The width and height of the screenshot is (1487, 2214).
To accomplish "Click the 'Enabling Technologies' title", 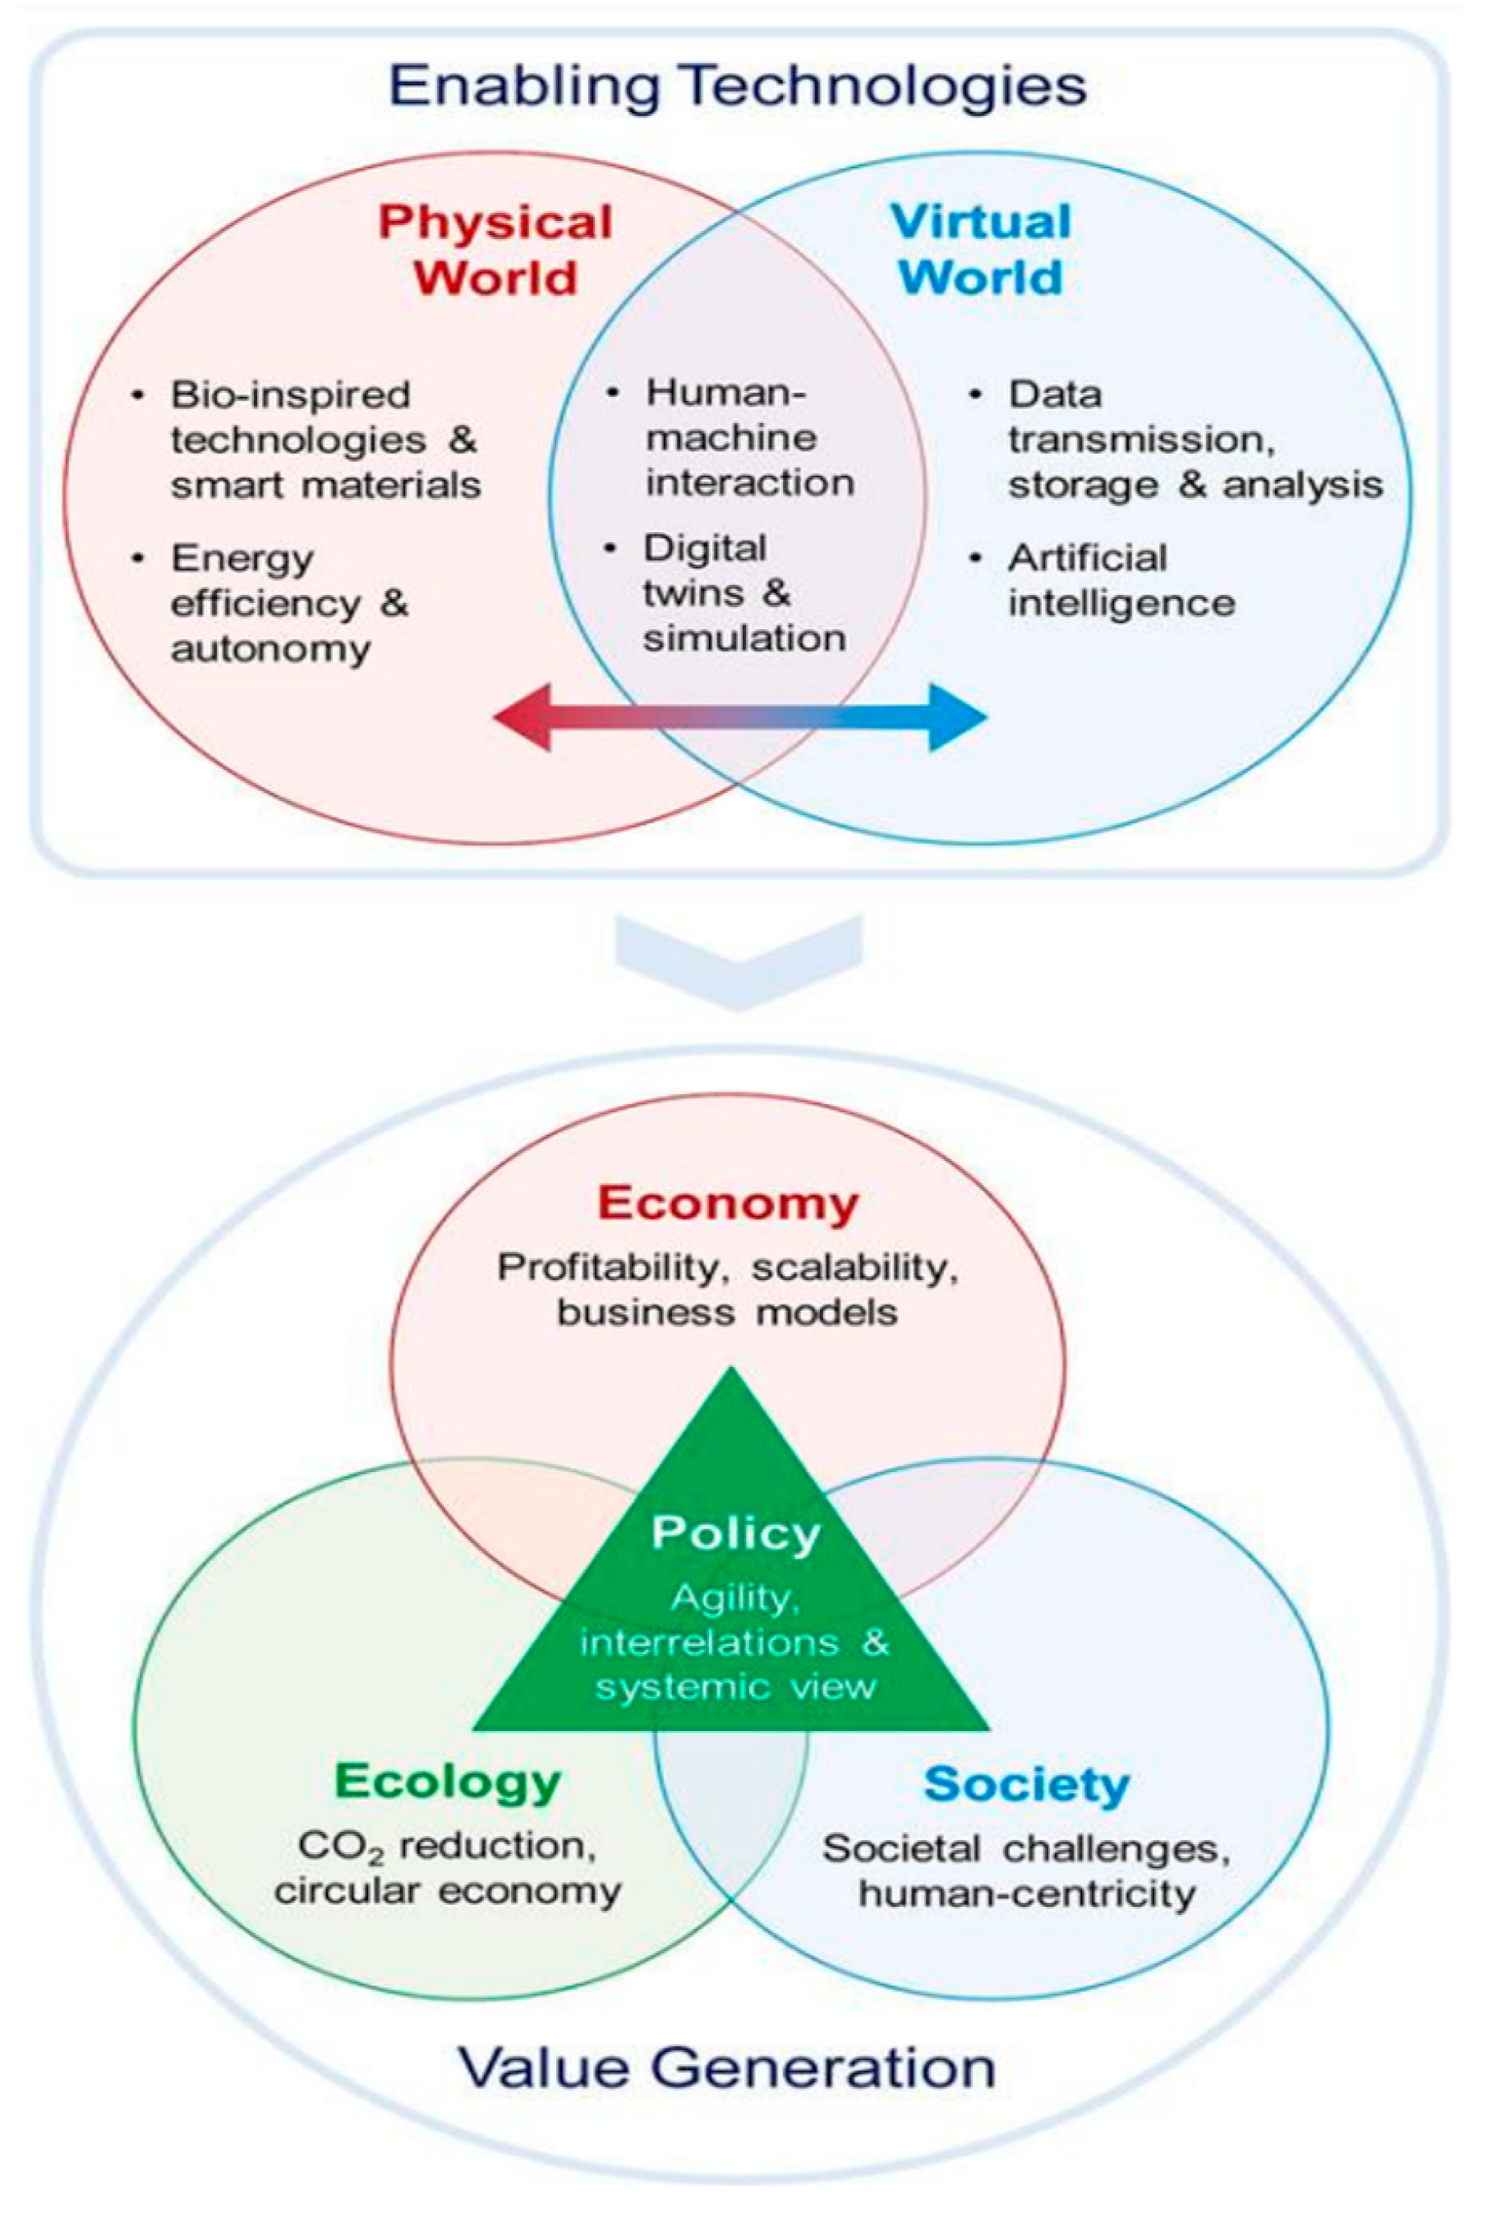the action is click(x=738, y=86).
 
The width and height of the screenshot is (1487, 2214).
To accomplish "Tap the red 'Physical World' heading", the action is click(x=495, y=250).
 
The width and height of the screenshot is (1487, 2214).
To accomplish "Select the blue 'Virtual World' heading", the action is click(x=981, y=250).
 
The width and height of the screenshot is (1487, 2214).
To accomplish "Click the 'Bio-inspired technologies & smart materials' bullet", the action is click(x=325, y=440).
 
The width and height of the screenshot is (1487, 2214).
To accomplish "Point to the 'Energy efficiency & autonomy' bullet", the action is click(x=288, y=603).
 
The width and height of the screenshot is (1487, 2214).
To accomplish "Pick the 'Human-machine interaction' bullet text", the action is click(x=749, y=438).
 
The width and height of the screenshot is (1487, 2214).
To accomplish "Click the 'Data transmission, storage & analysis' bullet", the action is click(x=1194, y=440).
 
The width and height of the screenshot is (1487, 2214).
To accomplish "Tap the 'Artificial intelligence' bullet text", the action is click(x=1120, y=580).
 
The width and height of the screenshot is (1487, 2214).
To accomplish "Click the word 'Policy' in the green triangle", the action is click(x=735, y=1533).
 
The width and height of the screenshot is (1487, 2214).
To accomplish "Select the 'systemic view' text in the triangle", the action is click(x=735, y=1687).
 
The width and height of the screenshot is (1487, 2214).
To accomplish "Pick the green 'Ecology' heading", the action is click(x=448, y=1781).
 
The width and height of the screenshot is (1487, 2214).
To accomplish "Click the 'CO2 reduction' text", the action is click(x=448, y=1845).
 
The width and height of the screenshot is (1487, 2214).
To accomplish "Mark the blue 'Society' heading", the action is click(x=1026, y=1784).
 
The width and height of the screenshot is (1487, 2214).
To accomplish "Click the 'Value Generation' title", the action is click(x=727, y=2067).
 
